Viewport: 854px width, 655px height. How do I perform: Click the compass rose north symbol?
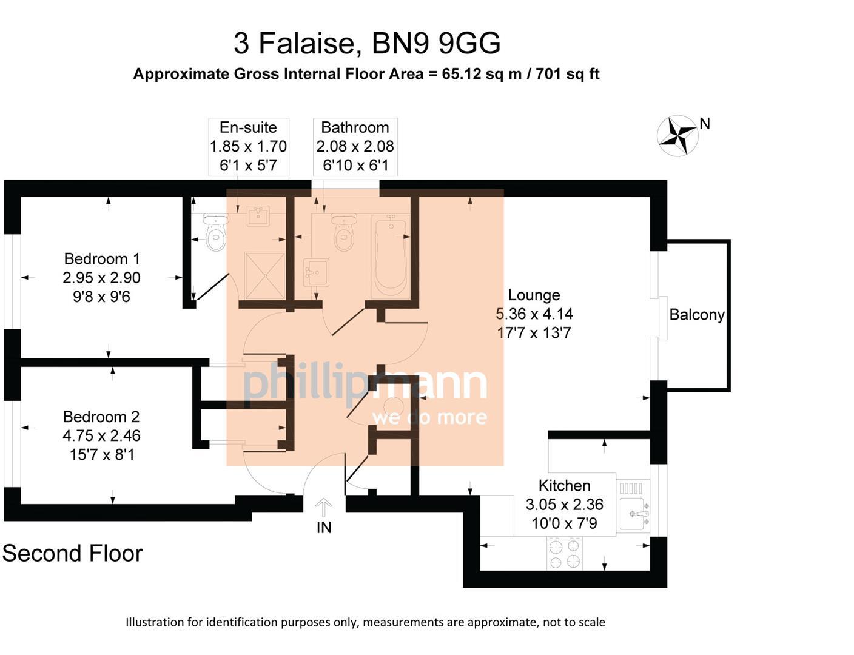pyautogui.click(x=677, y=135)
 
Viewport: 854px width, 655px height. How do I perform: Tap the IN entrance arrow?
pyautogui.click(x=324, y=507)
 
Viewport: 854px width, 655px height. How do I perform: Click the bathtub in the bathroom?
pyautogui.click(x=391, y=258)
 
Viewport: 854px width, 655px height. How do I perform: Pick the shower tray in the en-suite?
pyautogui.click(x=264, y=275)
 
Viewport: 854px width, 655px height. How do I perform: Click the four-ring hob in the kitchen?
pyautogui.click(x=565, y=553)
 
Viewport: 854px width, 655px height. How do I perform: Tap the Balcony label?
pyautogui.click(x=696, y=315)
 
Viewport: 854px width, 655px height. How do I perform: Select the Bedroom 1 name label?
pyautogui.click(x=102, y=259)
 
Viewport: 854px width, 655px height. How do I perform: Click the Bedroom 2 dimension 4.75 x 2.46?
pyautogui.click(x=101, y=435)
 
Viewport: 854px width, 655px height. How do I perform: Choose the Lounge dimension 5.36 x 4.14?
pyautogui.click(x=534, y=314)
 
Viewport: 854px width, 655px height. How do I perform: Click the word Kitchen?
pyautogui.click(x=564, y=486)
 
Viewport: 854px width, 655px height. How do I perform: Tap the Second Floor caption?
pyautogui.click(x=72, y=553)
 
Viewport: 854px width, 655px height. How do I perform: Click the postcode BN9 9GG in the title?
pyautogui.click(x=435, y=43)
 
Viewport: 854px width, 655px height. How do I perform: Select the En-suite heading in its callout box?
pyautogui.click(x=248, y=127)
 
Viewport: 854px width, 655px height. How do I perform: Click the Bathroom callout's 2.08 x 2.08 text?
pyautogui.click(x=355, y=146)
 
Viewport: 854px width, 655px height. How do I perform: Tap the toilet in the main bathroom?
pyautogui.click(x=345, y=233)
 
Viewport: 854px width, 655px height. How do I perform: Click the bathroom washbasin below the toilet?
pyautogui.click(x=315, y=272)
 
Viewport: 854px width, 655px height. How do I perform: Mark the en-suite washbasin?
pyautogui.click(x=258, y=216)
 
